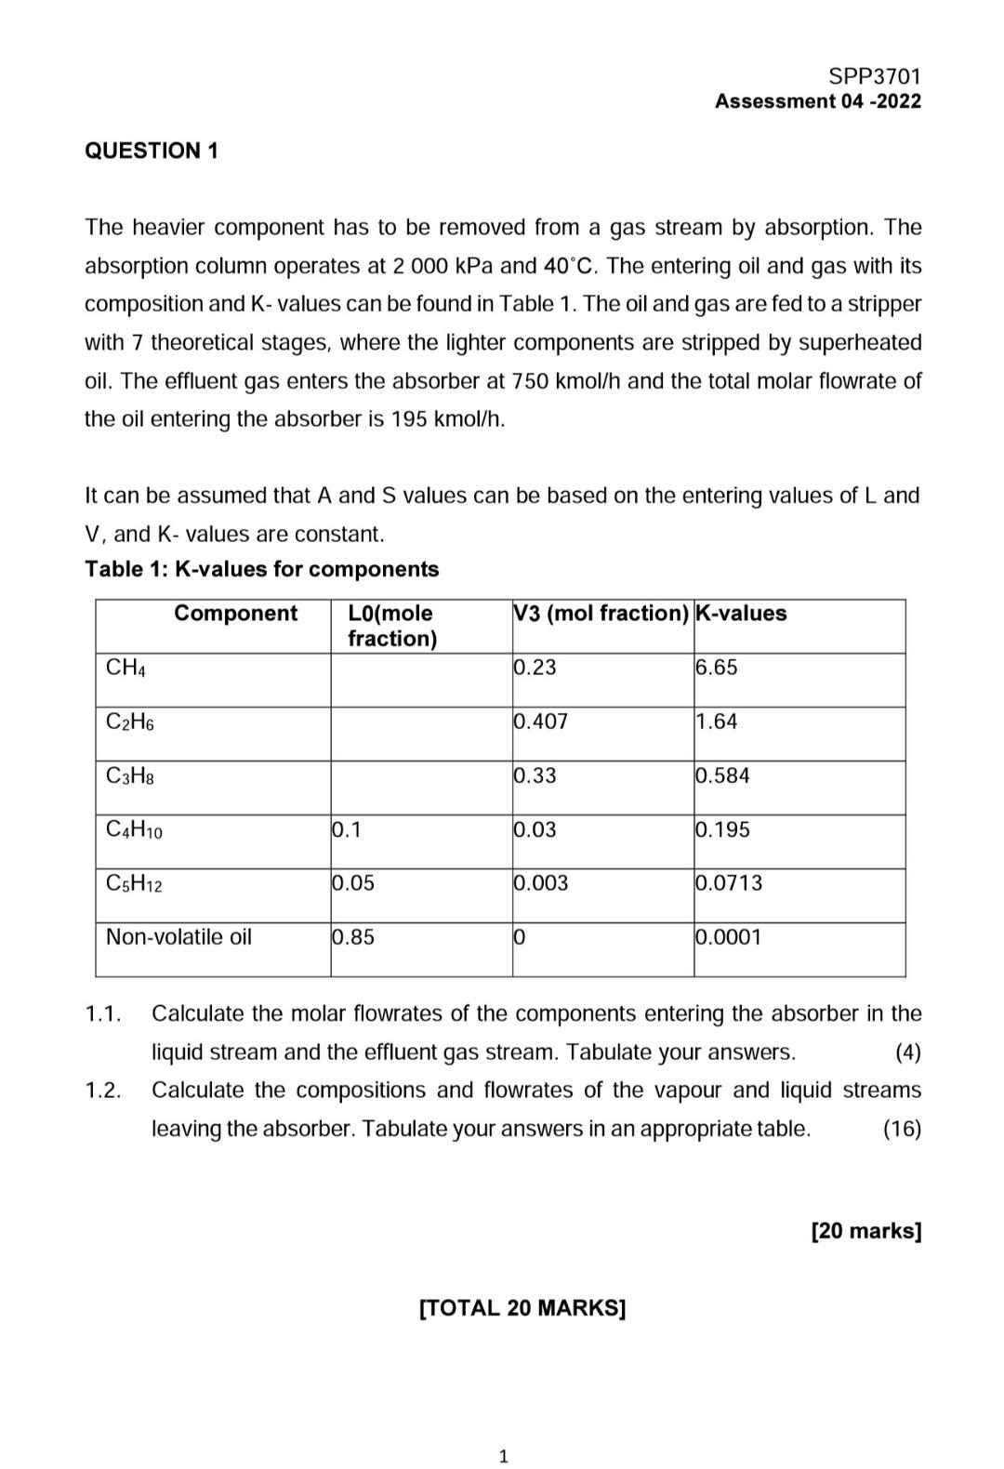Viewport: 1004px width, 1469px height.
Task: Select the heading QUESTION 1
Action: (x=152, y=151)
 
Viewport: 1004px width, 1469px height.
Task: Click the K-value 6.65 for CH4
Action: (x=716, y=668)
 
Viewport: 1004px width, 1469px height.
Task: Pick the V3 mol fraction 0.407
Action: (x=540, y=721)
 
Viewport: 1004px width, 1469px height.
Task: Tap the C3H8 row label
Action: (x=130, y=775)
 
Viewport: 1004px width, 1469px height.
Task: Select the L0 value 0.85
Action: (x=353, y=937)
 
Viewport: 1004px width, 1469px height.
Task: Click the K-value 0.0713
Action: (x=729, y=883)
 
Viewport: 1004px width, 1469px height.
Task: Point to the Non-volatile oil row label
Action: (x=178, y=937)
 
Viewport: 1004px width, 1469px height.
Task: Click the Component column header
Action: (x=235, y=614)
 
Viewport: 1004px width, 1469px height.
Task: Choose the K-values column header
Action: (x=741, y=614)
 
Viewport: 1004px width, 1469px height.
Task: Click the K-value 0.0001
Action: (x=729, y=937)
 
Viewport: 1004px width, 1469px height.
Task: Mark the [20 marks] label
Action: (x=865, y=1231)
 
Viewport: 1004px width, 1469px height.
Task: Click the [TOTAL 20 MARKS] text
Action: (x=522, y=1308)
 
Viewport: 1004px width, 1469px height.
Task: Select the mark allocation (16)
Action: (x=901, y=1129)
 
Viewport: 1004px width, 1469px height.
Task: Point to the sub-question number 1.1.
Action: (x=103, y=1013)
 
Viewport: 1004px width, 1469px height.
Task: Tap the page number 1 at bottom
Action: (x=503, y=1456)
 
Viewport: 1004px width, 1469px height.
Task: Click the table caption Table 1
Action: (x=261, y=569)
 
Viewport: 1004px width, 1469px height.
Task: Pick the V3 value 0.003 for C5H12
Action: (x=540, y=883)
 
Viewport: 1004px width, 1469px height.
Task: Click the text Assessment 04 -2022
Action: (x=817, y=101)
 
